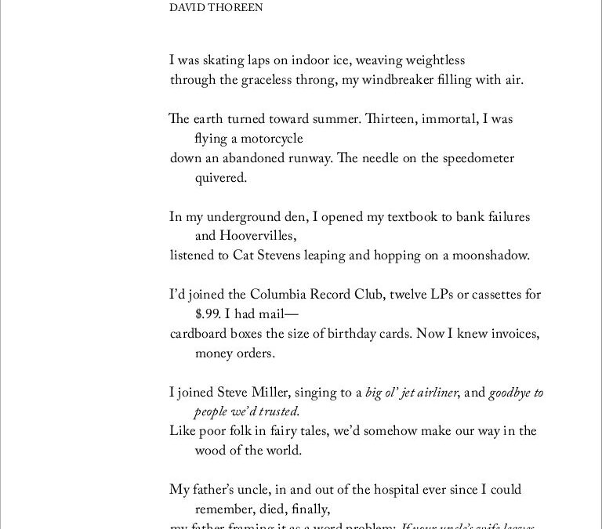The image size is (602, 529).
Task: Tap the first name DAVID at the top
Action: click(x=185, y=9)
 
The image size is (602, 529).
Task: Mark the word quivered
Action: click(x=221, y=178)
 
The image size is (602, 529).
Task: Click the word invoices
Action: click(x=510, y=333)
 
